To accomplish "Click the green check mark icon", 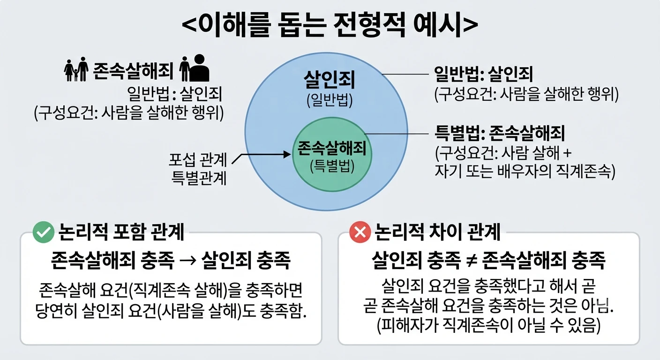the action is coord(43,232).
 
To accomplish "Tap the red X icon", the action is coord(360,232).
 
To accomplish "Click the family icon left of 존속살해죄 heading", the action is coord(76,69).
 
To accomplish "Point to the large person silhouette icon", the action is coord(199,68).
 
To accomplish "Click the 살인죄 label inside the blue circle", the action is coord(330,80).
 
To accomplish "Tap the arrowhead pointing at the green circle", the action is coord(287,154).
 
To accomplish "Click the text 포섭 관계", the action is coord(198,160).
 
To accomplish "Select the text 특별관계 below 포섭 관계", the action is coord(199,178).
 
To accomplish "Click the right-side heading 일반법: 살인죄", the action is coord(483,74).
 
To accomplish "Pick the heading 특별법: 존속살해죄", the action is coord(500,133).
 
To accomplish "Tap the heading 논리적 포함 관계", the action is coord(121,232).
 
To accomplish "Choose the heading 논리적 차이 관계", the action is coord(437,232).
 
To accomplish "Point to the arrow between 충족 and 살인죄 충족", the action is coord(187,261).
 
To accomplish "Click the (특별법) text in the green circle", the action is coord(332,166).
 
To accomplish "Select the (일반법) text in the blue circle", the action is coord(330,100).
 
